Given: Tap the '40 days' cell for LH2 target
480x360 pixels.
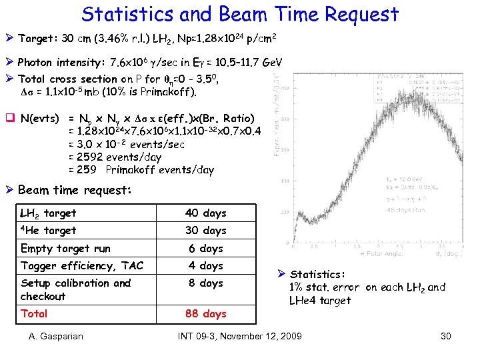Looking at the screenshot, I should [x=205, y=213].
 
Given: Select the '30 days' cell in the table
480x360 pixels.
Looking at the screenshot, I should [x=205, y=231].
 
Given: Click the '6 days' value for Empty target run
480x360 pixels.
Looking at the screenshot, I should [x=205, y=249].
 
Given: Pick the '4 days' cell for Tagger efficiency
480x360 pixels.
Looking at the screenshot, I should [x=205, y=266].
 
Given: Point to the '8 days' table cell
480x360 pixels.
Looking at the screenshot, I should [x=205, y=283].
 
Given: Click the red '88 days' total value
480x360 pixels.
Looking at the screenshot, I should [x=205, y=313].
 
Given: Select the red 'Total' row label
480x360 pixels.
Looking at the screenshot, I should [x=34, y=313].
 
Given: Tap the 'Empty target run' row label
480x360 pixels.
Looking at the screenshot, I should [x=65, y=249].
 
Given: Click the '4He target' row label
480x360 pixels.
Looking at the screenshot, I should [x=48, y=231].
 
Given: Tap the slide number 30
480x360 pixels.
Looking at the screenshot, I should [x=447, y=336].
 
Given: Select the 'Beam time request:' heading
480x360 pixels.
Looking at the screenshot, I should [x=75, y=190].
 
